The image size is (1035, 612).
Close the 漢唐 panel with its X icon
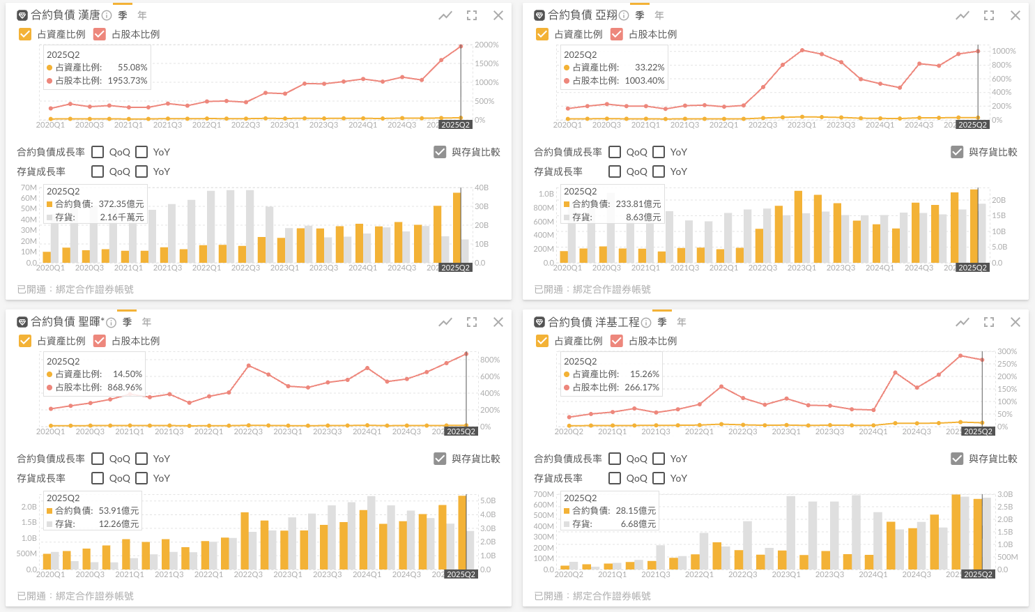pyautogui.click(x=498, y=15)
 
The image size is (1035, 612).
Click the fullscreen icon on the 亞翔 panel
pyautogui.click(x=989, y=15)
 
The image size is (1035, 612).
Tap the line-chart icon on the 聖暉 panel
pyautogui.click(x=445, y=322)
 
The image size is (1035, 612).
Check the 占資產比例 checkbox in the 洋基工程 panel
pyautogui.click(x=542, y=341)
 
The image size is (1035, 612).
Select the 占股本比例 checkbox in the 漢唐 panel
pyautogui.click(x=100, y=34)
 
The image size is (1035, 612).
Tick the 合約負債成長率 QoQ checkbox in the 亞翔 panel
pyautogui.click(x=615, y=152)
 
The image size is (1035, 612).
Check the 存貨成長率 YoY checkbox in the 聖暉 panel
pyautogui.click(x=141, y=478)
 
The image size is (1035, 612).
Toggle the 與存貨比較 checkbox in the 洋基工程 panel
pyautogui.click(x=957, y=459)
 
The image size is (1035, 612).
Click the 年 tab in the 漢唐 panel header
pyautogui.click(x=142, y=15)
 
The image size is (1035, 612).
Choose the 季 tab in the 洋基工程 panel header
pyautogui.click(x=662, y=322)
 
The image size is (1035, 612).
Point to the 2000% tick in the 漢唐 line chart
pyautogui.click(x=486, y=45)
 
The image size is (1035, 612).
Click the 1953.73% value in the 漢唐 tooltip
pyautogui.click(x=128, y=81)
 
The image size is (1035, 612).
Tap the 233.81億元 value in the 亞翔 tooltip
pyautogui.click(x=638, y=204)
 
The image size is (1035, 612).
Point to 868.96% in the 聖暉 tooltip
pyautogui.click(x=125, y=388)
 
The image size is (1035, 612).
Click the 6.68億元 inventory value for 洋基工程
pyautogui.click(x=638, y=524)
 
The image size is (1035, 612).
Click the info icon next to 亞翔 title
pyautogui.click(x=624, y=15)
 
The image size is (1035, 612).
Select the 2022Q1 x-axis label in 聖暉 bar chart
pyautogui.click(x=208, y=574)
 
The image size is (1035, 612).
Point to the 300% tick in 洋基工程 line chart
pyautogui.click(x=1007, y=351)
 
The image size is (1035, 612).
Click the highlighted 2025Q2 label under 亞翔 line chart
pyautogui.click(x=973, y=125)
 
